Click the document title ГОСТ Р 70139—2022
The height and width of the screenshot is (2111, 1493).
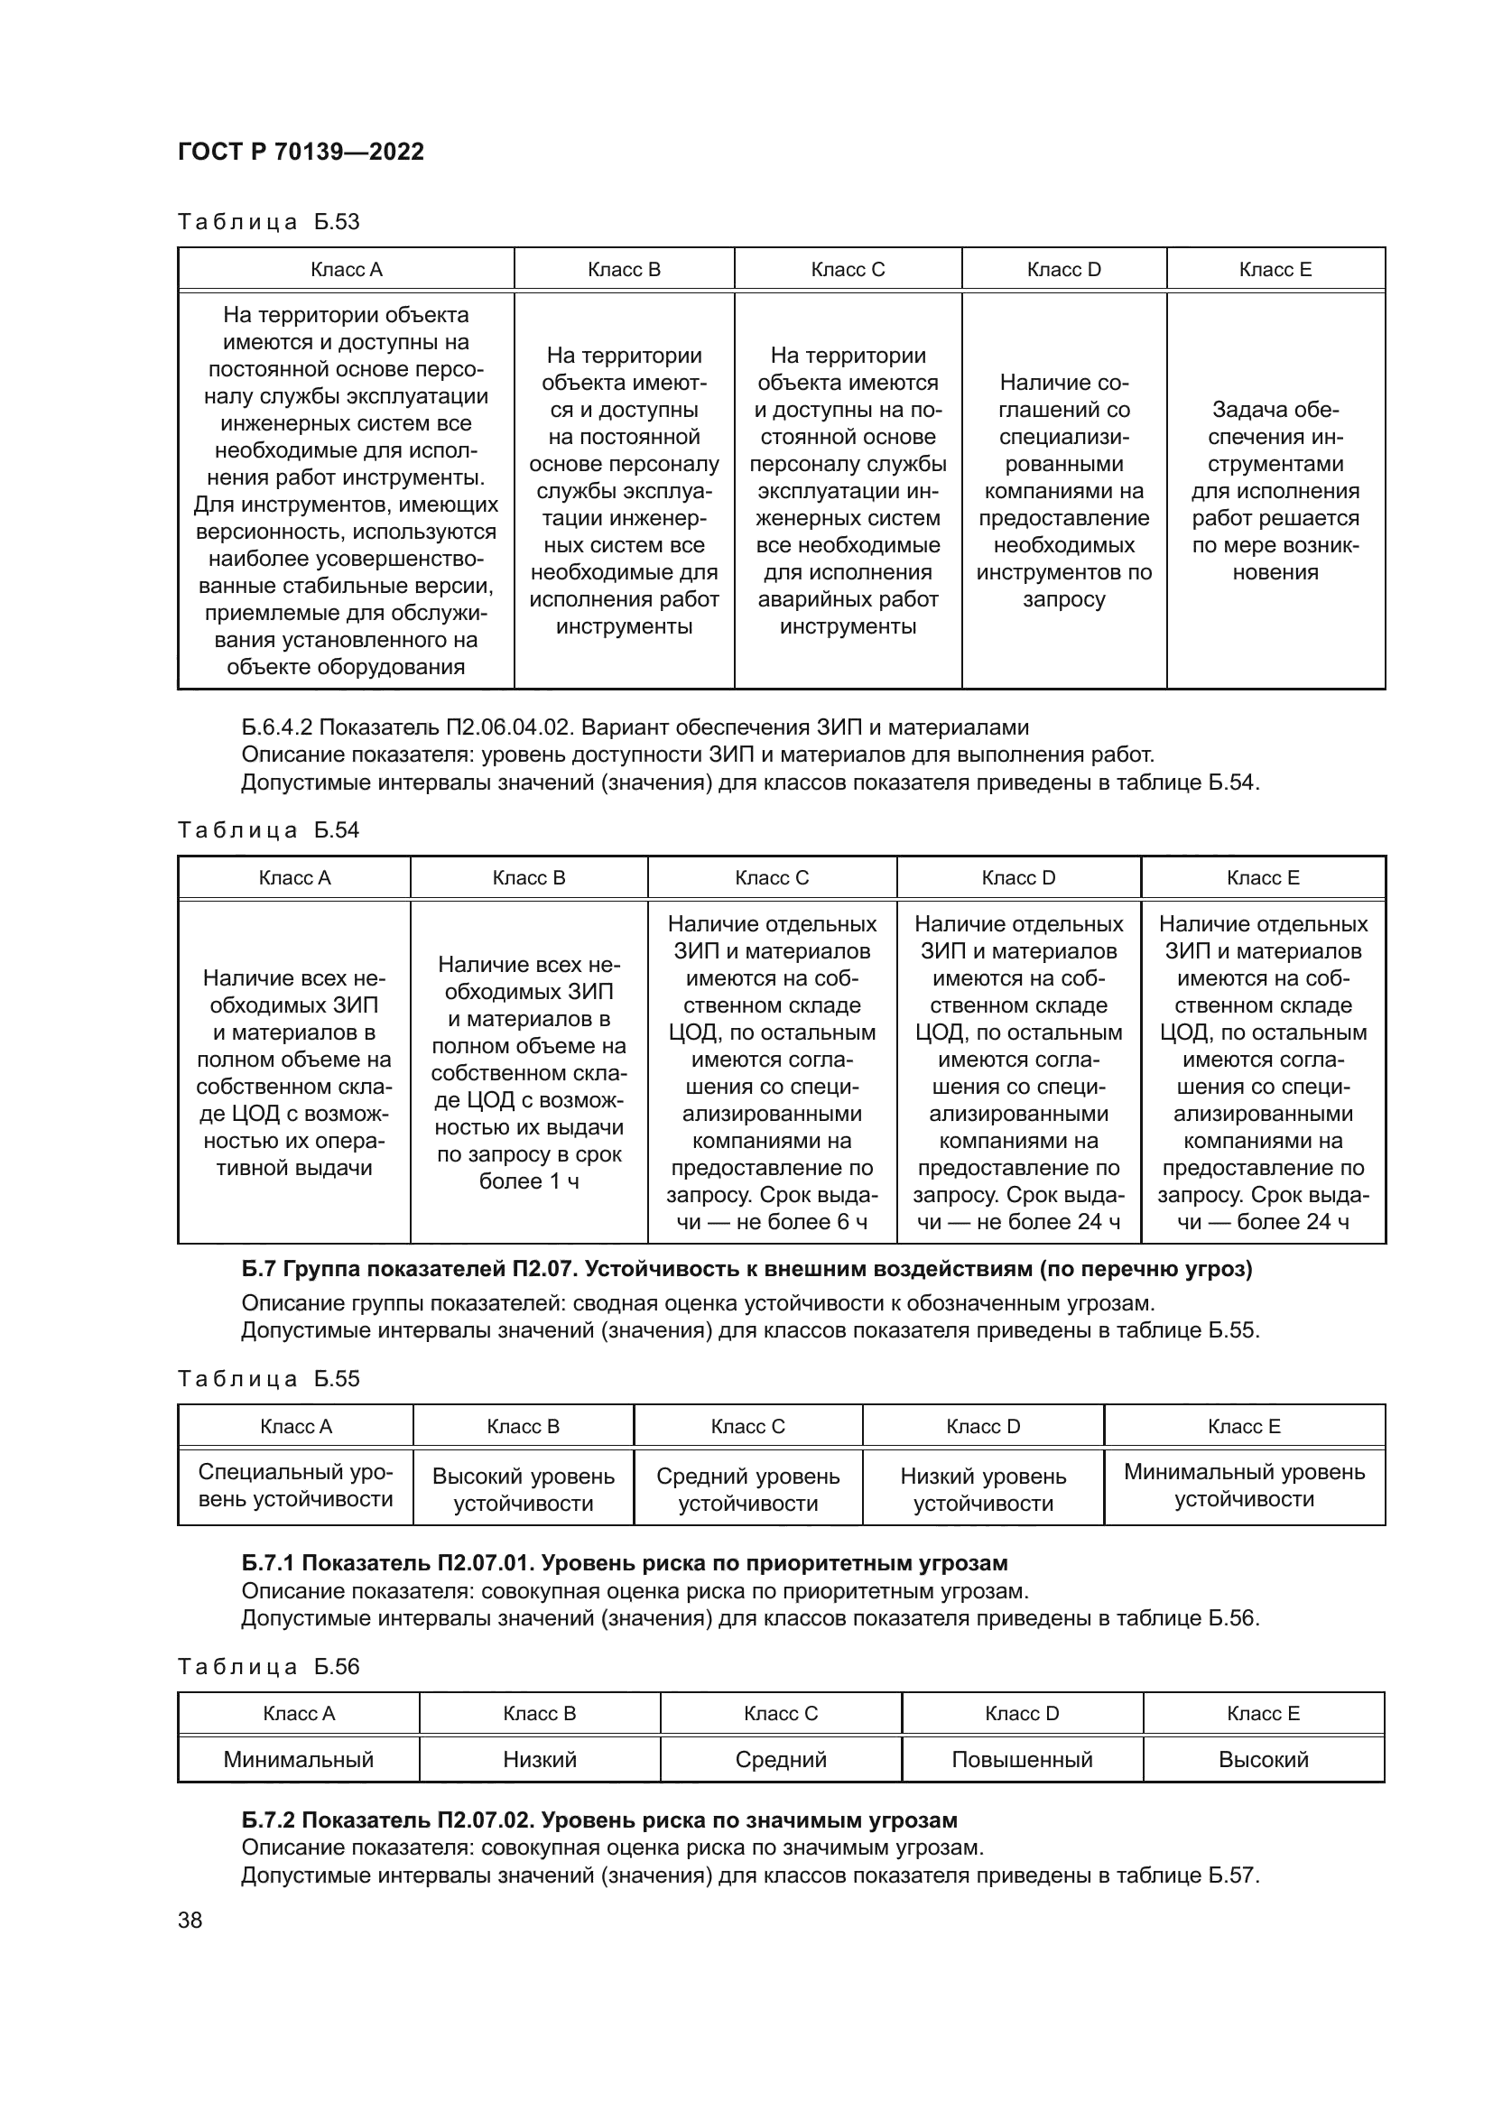coord(301,152)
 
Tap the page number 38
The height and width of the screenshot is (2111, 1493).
coord(190,1920)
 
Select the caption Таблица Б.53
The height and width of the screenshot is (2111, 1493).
coord(268,222)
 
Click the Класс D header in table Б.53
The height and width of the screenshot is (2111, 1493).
coord(1063,269)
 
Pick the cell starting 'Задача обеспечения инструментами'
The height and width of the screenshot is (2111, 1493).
coord(1275,490)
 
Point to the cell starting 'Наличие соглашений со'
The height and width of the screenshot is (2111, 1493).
coord(1063,490)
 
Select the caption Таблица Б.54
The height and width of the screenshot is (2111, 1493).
coord(268,830)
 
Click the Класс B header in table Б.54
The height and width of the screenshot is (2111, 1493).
coord(529,878)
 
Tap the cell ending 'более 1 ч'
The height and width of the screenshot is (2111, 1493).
coord(529,1072)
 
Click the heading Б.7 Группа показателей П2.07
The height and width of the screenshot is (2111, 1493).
coord(746,1270)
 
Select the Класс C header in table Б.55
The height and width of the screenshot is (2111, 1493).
coord(747,1427)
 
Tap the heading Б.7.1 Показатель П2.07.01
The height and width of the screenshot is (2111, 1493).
coord(625,1563)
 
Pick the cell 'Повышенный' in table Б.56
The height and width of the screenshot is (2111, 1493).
coord(1022,1760)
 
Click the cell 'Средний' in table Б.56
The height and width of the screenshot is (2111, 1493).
coord(781,1760)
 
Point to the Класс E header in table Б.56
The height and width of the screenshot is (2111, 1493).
coord(1263,1714)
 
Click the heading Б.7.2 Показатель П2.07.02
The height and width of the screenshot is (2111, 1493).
coord(599,1820)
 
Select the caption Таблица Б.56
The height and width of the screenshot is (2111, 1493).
coord(268,1667)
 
